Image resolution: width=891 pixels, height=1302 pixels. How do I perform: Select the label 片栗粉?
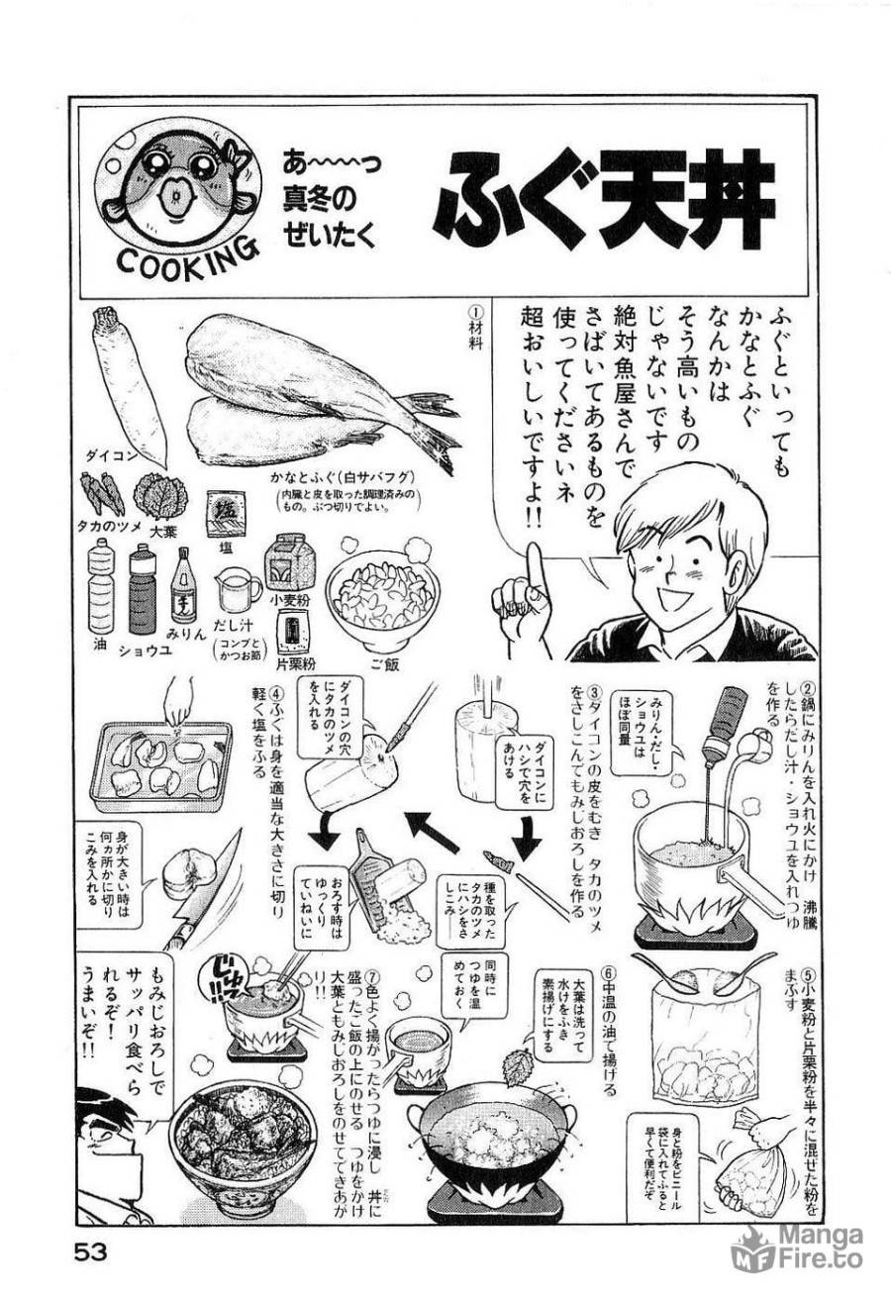tap(293, 659)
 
